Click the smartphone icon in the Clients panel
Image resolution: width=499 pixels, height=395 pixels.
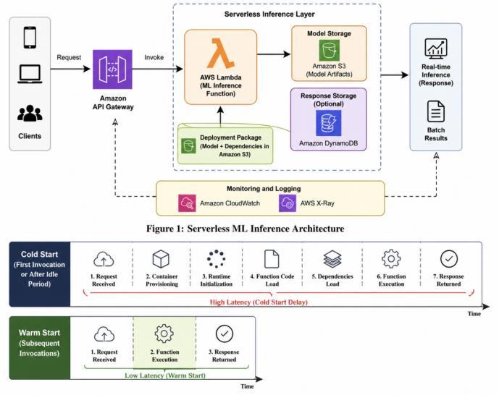[x=30, y=38]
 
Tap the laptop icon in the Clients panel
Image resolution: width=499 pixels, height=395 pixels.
[x=30, y=74]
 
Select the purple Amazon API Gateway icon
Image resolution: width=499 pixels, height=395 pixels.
[x=112, y=69]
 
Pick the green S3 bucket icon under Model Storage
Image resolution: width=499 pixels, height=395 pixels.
[x=330, y=50]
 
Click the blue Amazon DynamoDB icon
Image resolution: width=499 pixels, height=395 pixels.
[x=329, y=123]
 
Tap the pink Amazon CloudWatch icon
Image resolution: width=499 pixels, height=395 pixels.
[x=187, y=203]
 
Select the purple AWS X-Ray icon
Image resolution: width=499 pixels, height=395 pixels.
[x=288, y=203]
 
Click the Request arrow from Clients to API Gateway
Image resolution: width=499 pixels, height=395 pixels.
[x=70, y=69]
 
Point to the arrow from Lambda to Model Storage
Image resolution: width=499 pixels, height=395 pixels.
[x=274, y=54]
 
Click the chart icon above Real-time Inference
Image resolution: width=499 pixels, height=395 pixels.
[x=436, y=48]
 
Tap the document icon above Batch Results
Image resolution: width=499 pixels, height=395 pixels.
[x=436, y=111]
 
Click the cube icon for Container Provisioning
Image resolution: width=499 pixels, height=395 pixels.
[x=161, y=259]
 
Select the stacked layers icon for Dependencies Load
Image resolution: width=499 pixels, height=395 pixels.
[x=332, y=259]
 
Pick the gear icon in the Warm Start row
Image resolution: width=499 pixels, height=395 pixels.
[x=164, y=334]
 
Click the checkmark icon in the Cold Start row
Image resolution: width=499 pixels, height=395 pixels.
[x=449, y=259]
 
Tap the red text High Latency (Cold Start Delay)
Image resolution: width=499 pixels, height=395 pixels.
[x=259, y=302]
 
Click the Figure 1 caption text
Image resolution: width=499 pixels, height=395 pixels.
[x=245, y=229]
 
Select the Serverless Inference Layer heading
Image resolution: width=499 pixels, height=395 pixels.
[x=269, y=14]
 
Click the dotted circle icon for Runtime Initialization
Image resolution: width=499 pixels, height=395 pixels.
[x=216, y=259]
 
